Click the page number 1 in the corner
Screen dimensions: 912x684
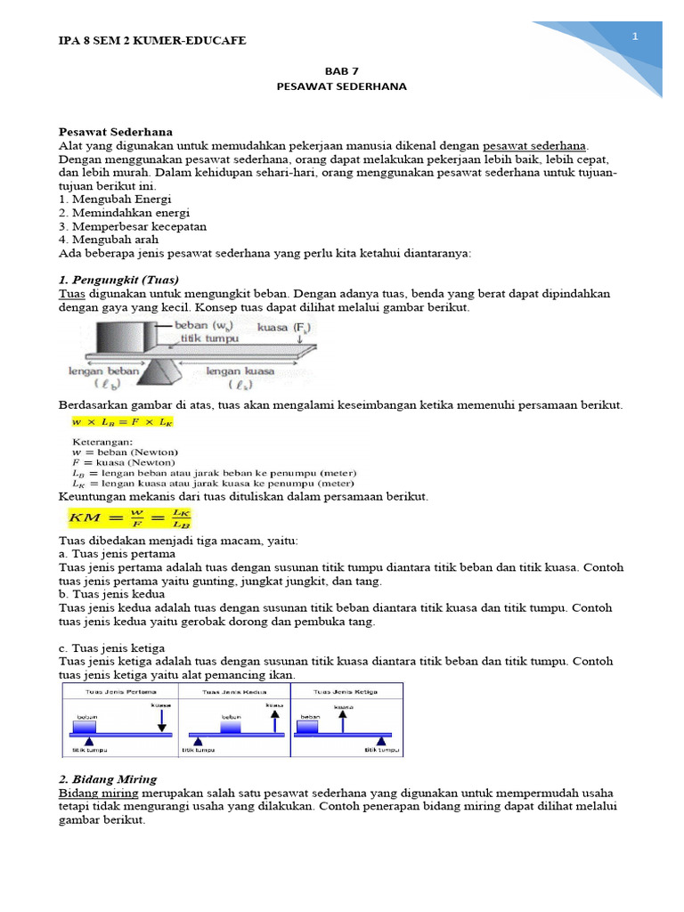click(x=635, y=37)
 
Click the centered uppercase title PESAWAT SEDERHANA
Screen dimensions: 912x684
click(x=341, y=86)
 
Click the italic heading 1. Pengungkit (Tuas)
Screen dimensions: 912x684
click(x=118, y=279)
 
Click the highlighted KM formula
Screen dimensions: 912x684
click(x=129, y=517)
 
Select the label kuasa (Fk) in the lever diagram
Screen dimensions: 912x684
click(x=284, y=328)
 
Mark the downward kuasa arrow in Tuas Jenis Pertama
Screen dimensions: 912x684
click(x=161, y=718)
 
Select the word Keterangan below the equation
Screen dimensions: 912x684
click(x=100, y=441)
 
